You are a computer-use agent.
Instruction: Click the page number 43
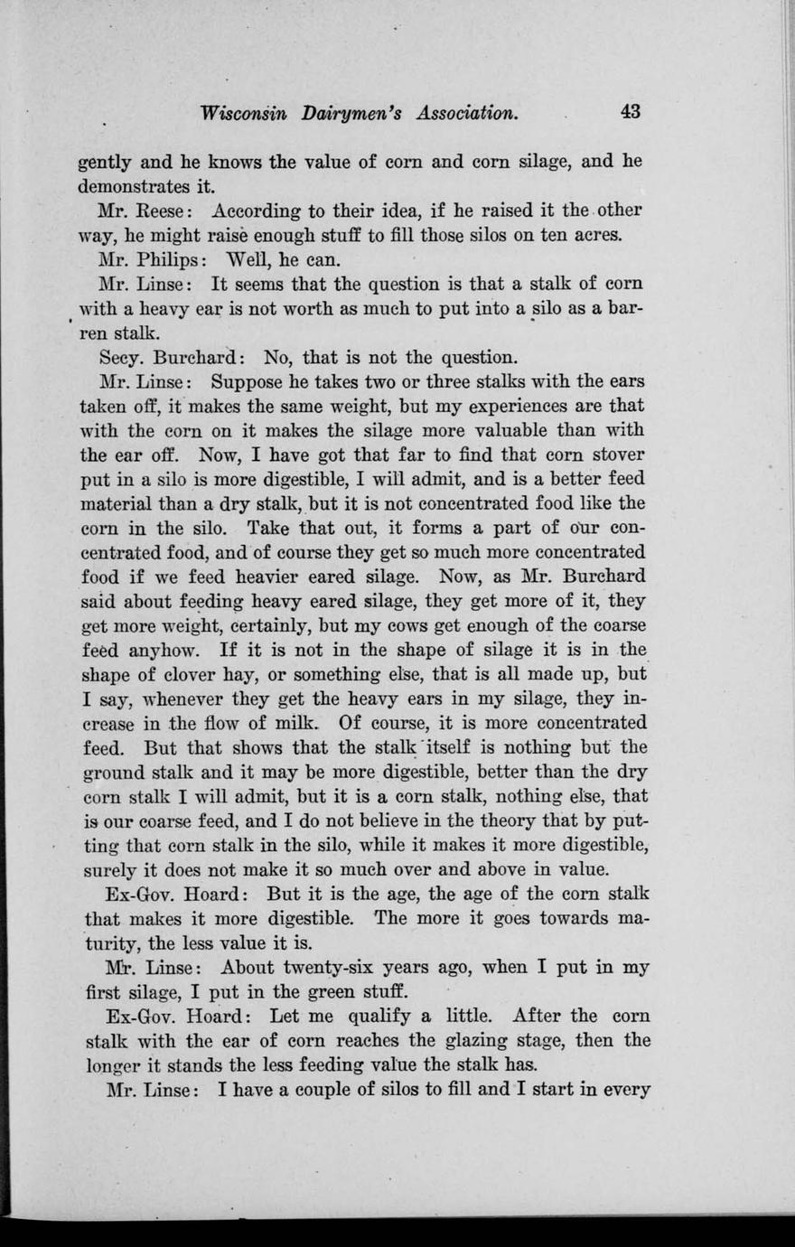pos(630,112)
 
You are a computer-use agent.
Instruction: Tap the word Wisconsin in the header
pos(245,113)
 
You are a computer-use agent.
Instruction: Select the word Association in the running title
pos(468,113)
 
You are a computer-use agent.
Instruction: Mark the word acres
pos(595,236)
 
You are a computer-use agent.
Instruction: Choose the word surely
pos(105,871)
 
